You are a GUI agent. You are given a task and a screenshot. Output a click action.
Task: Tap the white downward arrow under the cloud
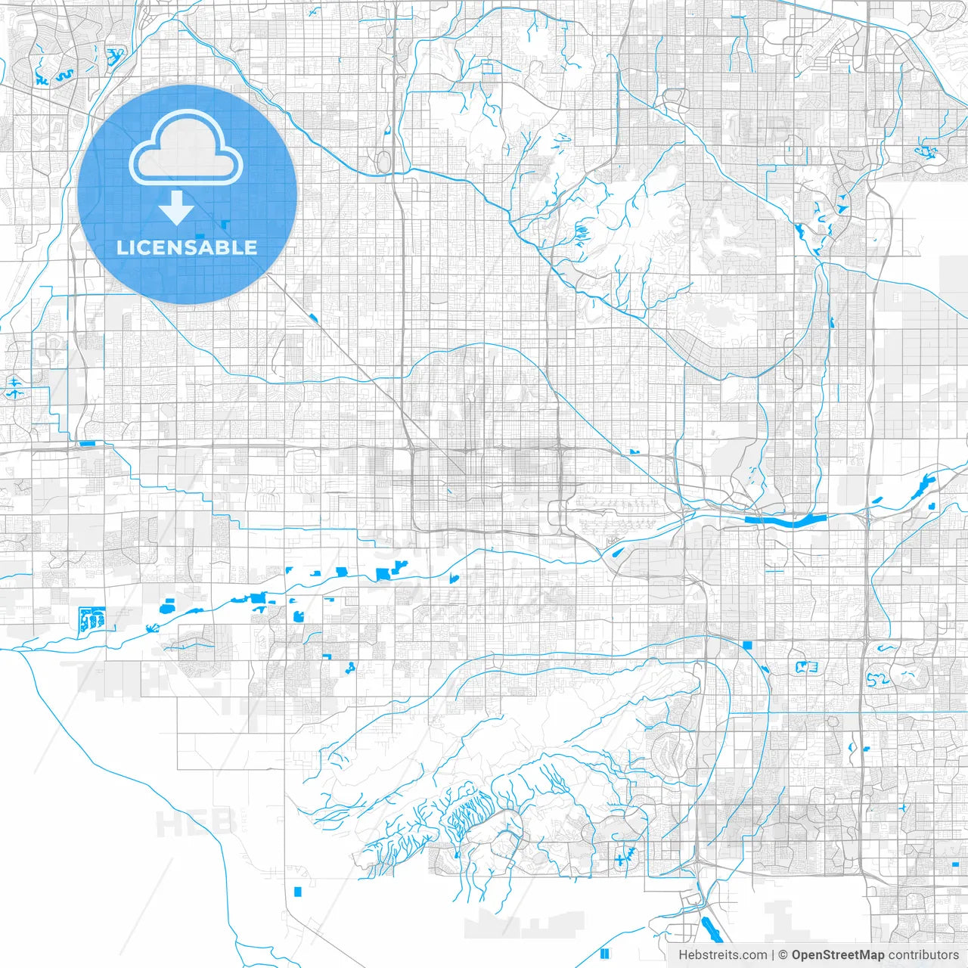[177, 207]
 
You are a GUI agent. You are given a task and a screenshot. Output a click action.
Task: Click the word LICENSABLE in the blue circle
[187, 247]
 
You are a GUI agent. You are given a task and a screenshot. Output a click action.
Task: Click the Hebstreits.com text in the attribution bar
[722, 955]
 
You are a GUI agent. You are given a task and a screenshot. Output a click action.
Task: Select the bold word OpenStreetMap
[838, 955]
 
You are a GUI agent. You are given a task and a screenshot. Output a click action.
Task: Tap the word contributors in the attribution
[923, 955]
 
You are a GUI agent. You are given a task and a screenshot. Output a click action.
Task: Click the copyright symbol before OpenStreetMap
[783, 955]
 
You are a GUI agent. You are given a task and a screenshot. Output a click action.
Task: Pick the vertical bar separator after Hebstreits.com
[773, 955]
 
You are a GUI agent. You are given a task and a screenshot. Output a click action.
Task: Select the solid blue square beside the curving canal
[748, 645]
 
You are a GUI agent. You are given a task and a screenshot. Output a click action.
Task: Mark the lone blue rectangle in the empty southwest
[298, 892]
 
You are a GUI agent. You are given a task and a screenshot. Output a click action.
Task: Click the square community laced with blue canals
[92, 619]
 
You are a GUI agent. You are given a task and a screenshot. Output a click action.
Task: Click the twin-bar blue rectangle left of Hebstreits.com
[604, 953]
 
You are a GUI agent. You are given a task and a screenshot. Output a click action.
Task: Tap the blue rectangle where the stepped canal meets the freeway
[87, 444]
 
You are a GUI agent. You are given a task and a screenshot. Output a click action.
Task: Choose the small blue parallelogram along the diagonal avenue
[312, 318]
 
